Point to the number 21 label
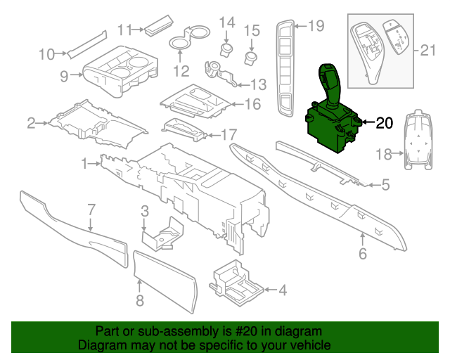(x=427, y=50)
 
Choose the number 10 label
(x=46, y=53)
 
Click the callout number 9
(x=64, y=75)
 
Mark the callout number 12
(x=181, y=71)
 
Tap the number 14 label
(x=226, y=23)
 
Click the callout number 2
(x=31, y=124)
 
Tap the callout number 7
(x=91, y=209)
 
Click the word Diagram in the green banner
(x=99, y=345)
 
